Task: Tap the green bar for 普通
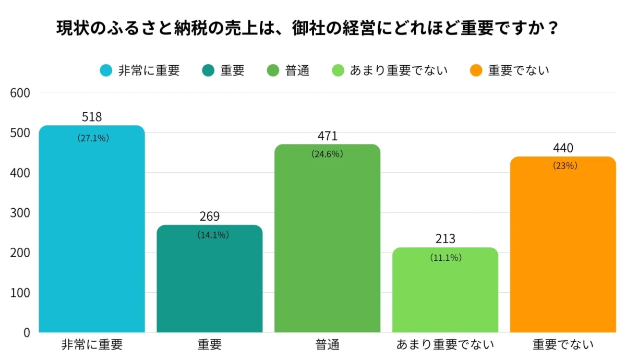tap(328, 240)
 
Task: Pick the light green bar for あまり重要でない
tap(446, 292)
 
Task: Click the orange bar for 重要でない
tap(563, 245)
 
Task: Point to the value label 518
tap(92, 117)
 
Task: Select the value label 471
tap(328, 136)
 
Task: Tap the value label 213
tap(446, 239)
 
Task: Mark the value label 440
tap(563, 148)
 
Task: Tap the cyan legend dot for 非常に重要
tap(106, 70)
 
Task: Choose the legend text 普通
tap(297, 70)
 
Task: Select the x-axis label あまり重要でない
tap(445, 345)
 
